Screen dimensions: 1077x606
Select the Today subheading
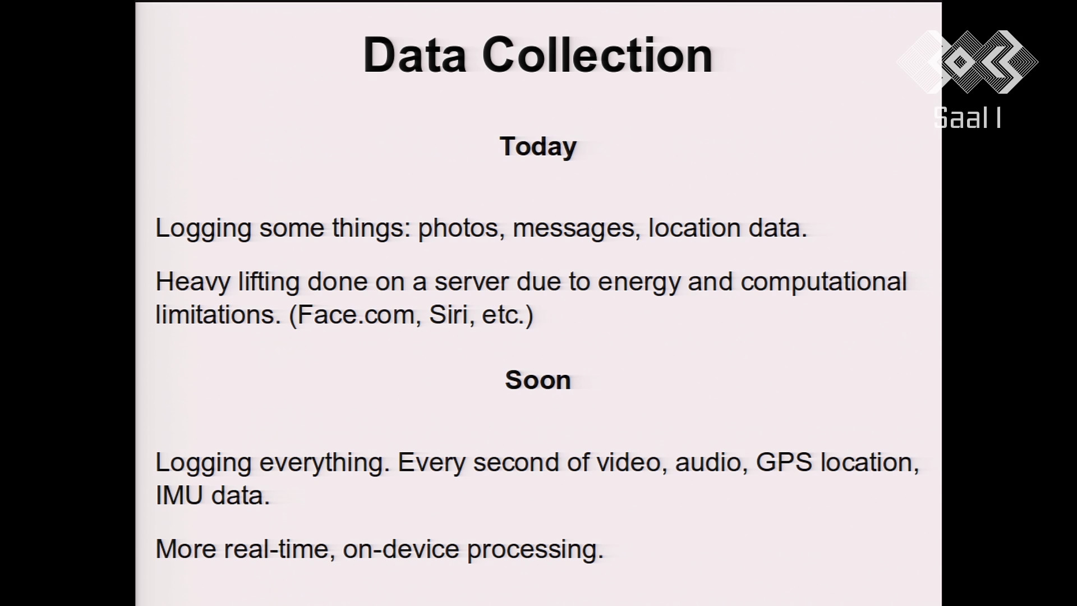[538, 147]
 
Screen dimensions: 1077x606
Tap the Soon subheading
[538, 380]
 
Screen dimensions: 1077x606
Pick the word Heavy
[192, 282]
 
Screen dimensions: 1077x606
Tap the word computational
[823, 282]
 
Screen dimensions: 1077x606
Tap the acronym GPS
[784, 462]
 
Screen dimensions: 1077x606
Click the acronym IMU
[179, 495]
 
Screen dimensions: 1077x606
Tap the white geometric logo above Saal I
[968, 62]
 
